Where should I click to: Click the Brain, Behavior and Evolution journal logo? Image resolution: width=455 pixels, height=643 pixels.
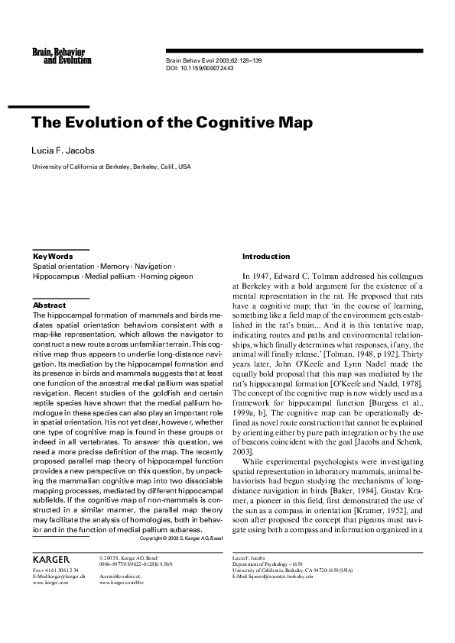click(x=58, y=55)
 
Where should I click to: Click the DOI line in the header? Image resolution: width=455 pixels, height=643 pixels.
click(x=200, y=68)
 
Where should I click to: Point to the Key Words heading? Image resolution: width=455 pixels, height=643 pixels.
click(x=53, y=256)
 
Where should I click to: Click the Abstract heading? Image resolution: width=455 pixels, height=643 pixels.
click(x=49, y=305)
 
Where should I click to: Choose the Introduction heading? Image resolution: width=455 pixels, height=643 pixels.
click(x=266, y=256)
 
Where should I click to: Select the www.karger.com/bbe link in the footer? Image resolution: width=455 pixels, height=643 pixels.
click(x=122, y=582)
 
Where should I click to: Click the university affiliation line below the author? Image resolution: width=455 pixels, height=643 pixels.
click(x=111, y=166)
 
